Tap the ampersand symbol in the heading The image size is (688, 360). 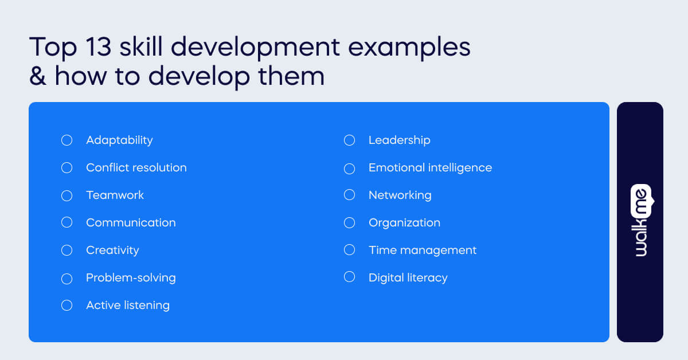tap(37, 77)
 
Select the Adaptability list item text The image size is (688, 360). tap(119, 140)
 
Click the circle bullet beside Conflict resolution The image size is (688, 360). tap(67, 168)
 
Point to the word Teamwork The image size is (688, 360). tap(115, 195)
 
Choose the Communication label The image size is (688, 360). tap(131, 222)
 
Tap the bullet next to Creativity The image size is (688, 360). tap(67, 251)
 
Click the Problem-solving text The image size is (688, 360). tap(131, 278)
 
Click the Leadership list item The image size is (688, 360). tap(399, 140)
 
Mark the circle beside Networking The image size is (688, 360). tap(350, 195)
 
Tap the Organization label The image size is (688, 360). tap(404, 222)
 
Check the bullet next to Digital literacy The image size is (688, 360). tap(350, 277)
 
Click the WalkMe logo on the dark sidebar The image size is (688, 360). tap(640, 221)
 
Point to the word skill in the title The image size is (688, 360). tap(142, 47)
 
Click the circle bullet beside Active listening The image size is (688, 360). tap(67, 306)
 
